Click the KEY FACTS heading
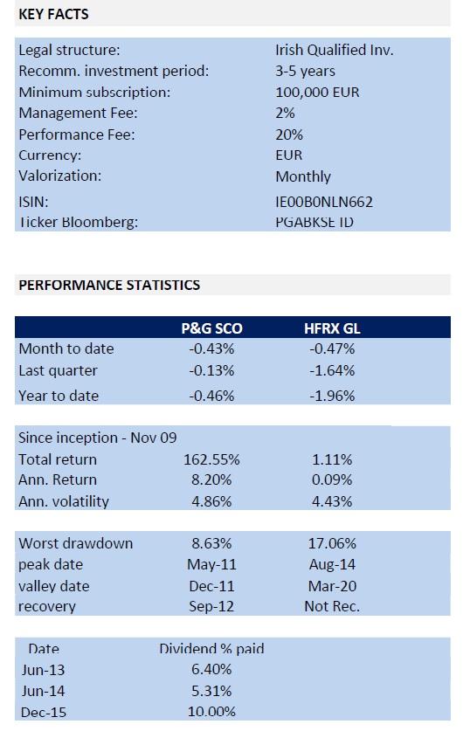(53, 14)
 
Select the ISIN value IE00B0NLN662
(324, 202)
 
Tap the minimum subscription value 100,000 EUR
(317, 92)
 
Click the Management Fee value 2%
(285, 113)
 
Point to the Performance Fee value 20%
(289, 134)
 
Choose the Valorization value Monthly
(303, 176)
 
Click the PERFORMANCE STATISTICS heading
(109, 285)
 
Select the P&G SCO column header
(212, 328)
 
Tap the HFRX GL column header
(332, 328)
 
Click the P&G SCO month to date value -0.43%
(211, 348)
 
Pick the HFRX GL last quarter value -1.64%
(332, 370)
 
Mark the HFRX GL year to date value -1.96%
(332, 396)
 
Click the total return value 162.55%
(211, 459)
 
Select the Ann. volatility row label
(64, 501)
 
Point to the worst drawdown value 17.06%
(332, 543)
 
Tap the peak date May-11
(211, 564)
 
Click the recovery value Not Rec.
(332, 606)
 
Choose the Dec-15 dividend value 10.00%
(211, 712)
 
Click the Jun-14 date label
(44, 691)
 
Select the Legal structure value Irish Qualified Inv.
(335, 50)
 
